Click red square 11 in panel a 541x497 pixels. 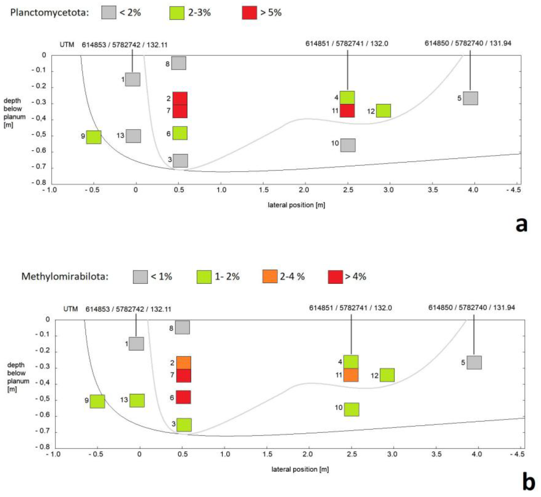point(347,111)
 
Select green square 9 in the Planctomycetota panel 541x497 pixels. point(94,137)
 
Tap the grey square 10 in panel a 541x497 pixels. point(348,145)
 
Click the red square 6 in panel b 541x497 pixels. point(183,397)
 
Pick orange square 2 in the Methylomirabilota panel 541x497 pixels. point(184,363)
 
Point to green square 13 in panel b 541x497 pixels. point(137,400)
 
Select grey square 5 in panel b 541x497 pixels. point(474,363)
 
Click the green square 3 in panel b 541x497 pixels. point(184,425)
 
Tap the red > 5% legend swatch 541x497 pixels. point(249,13)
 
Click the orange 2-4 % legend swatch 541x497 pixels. point(270,276)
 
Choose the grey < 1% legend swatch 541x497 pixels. point(140,277)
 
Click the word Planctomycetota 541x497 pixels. point(49,13)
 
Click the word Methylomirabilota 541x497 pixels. point(65,276)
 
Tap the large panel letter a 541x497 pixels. point(521,225)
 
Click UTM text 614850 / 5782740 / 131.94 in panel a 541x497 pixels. point(468,43)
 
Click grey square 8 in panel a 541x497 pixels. point(179,63)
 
